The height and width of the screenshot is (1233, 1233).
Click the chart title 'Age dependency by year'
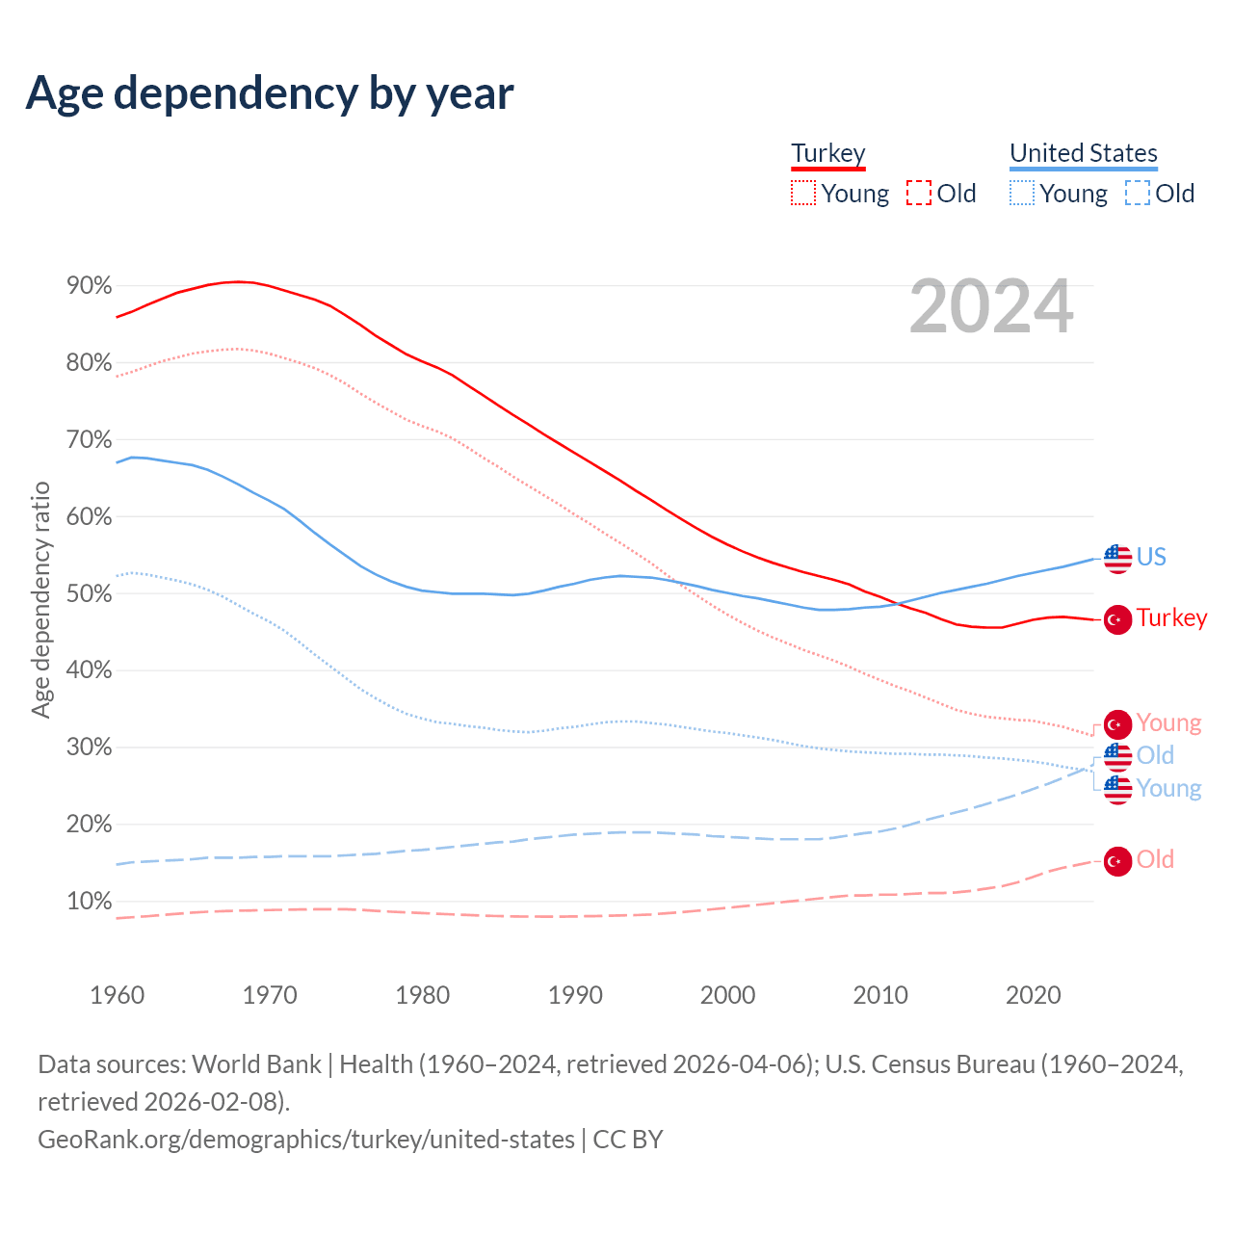coord(270,92)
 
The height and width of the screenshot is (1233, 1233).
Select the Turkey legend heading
coord(828,153)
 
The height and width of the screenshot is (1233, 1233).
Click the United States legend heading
coord(1084,153)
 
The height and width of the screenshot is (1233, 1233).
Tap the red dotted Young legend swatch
coord(803,194)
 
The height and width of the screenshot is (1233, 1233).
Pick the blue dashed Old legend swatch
coord(1138,194)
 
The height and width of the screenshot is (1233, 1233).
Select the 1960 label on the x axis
coord(118,995)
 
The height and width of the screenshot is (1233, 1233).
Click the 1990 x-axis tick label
coord(575,995)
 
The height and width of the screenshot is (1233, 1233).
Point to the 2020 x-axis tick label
coord(1033,995)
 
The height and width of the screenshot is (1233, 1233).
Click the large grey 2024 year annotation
coord(991,306)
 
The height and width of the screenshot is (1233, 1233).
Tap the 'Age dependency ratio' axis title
coord(40,600)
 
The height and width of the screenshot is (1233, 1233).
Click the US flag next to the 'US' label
coord(1117,558)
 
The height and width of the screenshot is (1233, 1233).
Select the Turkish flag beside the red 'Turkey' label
coord(1117,619)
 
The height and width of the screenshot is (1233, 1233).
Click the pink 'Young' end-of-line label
coord(1168,722)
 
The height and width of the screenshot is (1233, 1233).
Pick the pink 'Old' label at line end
coord(1155,859)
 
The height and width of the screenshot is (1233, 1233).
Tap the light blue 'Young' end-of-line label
coord(1168,788)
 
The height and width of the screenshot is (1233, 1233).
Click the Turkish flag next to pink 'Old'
coord(1117,861)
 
